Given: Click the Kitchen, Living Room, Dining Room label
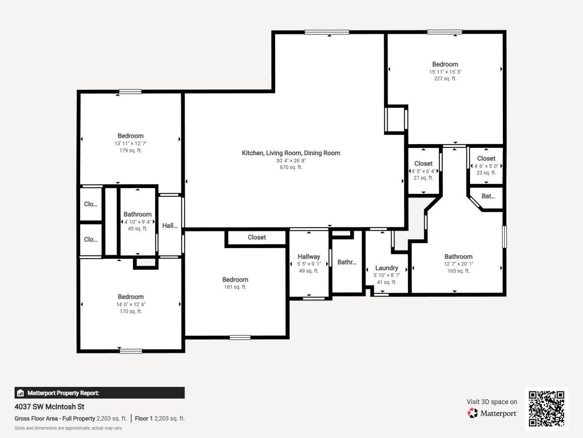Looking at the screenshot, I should tap(291, 153).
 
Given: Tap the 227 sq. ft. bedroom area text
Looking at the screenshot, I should tap(445, 78).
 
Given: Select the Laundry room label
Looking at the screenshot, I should tap(386, 268).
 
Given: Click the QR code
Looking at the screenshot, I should tap(546, 408).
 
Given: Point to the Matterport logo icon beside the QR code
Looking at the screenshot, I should tap(473, 413).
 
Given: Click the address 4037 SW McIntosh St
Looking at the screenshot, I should tap(49, 407).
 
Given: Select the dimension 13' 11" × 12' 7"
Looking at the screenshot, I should tap(130, 143).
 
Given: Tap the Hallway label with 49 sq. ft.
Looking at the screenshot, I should tap(308, 256).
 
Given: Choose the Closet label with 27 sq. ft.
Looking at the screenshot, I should tap(423, 163).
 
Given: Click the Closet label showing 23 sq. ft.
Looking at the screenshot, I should tap(486, 158).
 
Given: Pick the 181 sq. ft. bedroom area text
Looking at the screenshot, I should tap(235, 287).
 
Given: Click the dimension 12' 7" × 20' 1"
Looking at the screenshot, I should tap(458, 264).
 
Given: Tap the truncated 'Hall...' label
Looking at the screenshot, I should tap(169, 225).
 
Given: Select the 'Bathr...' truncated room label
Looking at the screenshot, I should tap(347, 262).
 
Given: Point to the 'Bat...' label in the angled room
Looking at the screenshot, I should tap(488, 196).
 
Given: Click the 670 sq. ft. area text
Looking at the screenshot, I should tap(291, 167).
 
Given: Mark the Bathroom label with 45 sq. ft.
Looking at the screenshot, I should tap(137, 214).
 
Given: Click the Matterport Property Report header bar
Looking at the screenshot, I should tap(99, 393).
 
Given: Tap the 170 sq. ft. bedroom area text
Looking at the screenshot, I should tap(130, 312).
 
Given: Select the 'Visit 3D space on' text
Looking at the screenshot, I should tap(491, 401).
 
